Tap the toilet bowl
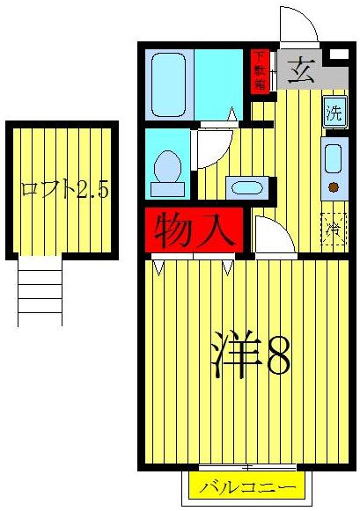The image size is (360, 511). coord(167,167)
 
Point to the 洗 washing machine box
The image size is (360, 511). coord(334,113)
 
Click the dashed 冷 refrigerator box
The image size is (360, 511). coord(334,230)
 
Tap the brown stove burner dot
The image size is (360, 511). coord(334,186)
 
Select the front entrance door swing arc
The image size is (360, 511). coord(296,22)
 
